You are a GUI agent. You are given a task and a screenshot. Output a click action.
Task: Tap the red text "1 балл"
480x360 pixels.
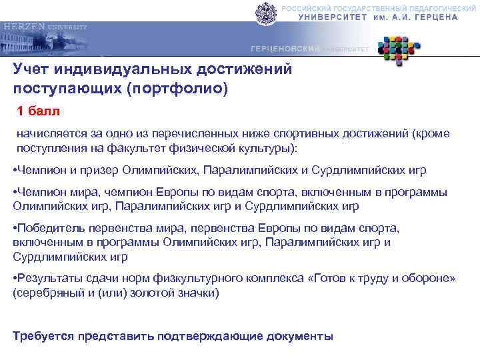click(38, 109)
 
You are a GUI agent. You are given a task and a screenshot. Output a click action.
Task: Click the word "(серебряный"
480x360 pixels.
click(44, 292)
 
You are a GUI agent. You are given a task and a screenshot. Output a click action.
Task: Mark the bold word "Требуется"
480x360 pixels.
click(43, 336)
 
